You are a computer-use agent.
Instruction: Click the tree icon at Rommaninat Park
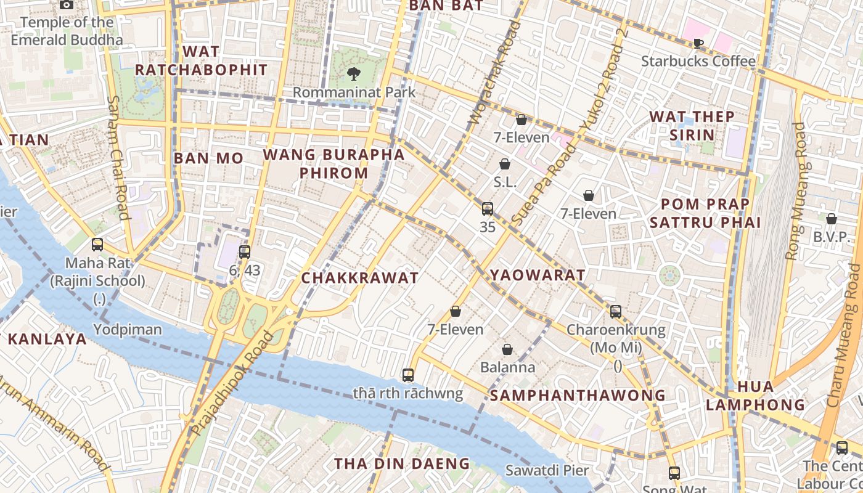(354, 74)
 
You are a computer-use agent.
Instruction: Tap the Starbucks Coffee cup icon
(698, 43)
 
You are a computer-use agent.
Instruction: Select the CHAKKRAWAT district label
(360, 278)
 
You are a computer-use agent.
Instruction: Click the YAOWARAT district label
(537, 275)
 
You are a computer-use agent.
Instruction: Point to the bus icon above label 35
(488, 209)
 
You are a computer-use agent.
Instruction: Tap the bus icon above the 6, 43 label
(245, 251)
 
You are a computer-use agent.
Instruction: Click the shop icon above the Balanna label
(507, 349)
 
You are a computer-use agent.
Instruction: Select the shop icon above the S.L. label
(505, 164)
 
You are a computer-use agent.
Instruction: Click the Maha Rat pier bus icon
(97, 245)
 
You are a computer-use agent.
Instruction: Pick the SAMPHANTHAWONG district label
(578, 395)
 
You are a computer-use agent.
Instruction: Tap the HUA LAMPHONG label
(755, 396)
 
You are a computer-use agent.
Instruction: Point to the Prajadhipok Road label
(232, 383)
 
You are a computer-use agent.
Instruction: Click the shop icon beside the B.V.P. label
(832, 219)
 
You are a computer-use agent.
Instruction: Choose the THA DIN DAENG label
(402, 463)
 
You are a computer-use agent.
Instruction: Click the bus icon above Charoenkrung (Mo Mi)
(616, 311)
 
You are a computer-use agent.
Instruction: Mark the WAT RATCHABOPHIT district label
(202, 60)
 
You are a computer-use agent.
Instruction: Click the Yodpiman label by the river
(128, 330)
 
